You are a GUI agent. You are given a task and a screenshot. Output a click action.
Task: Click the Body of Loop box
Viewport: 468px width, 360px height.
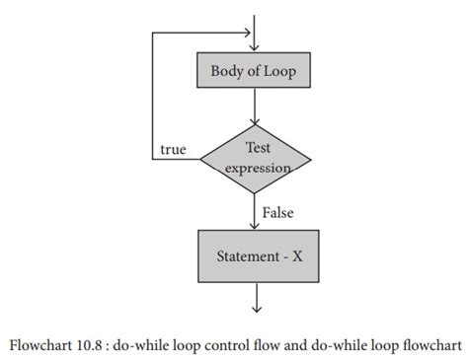256,71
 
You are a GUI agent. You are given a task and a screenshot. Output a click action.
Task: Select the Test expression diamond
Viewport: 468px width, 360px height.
256,157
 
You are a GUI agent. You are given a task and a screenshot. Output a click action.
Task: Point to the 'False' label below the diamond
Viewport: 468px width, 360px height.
279,212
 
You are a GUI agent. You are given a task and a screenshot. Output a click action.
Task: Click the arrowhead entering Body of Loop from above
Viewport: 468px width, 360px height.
256,47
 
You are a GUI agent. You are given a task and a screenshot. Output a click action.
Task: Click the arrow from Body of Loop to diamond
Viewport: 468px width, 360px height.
256,107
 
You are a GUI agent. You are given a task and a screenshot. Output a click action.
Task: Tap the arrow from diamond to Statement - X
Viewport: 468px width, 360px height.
256,213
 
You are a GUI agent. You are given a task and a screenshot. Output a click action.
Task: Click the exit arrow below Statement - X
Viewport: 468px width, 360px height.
256,298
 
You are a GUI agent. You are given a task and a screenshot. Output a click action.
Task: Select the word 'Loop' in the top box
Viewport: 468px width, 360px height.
281,71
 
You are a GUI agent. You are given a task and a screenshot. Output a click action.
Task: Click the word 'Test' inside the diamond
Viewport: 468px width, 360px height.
256,148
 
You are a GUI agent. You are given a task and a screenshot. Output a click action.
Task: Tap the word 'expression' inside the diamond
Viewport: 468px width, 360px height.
256,168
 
